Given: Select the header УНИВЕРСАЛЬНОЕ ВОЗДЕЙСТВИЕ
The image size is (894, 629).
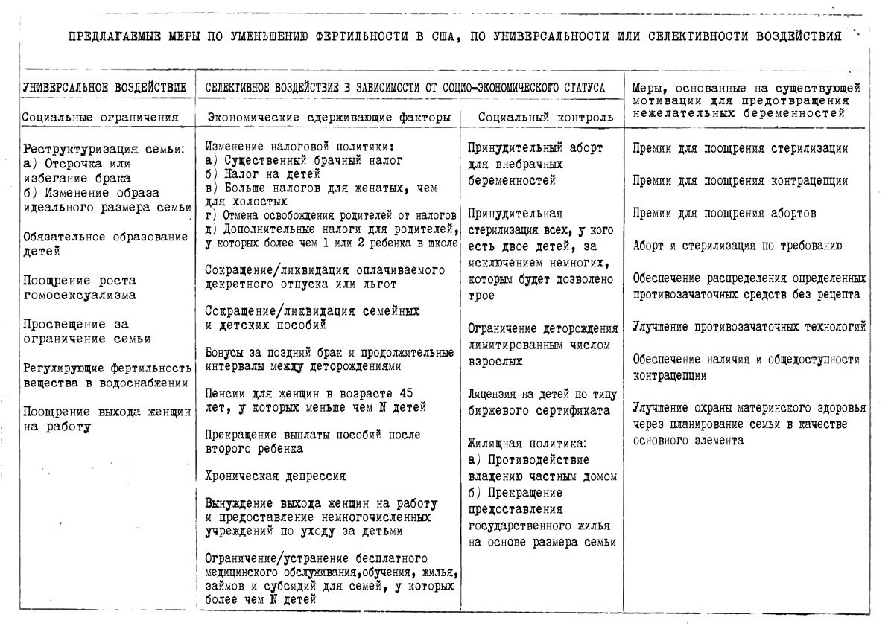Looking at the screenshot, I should pos(104,87).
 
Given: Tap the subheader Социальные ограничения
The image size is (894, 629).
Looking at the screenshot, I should pos(101,117).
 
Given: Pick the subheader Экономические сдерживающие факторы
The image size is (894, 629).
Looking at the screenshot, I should pos(328,117).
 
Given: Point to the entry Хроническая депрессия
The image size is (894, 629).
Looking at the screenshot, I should pos(276,476).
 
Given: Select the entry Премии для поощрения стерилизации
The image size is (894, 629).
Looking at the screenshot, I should pos(740,148).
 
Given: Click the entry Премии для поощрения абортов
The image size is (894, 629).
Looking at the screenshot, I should pos(724,213).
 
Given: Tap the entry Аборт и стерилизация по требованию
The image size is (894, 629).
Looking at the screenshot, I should pos(738,246).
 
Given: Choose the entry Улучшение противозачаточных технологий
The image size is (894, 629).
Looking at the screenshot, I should pos(749,326).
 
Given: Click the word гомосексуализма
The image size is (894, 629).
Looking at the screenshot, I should pos(79,295).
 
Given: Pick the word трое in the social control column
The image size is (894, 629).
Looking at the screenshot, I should pos(482,296).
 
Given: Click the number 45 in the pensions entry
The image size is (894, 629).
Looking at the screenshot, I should pos(403,393).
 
